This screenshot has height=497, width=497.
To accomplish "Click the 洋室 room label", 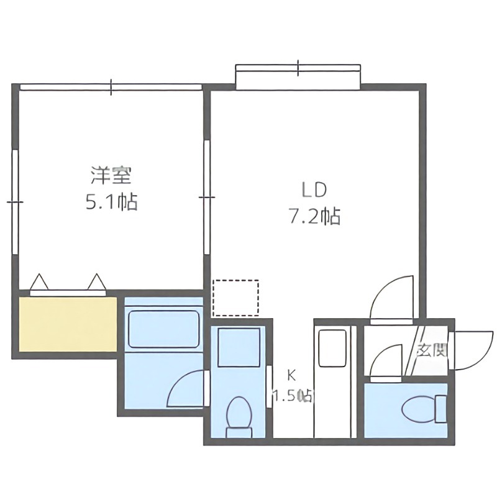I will point(111,176).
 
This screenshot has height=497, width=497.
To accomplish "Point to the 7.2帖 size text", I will point(314,216).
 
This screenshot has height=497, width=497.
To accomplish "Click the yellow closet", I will point(67,324).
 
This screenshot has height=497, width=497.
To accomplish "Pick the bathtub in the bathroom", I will point(163,329).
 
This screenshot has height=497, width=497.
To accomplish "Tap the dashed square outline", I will point(235,298).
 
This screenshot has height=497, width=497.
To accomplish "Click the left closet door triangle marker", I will point(40,283).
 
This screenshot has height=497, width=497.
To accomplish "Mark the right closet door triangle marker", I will point(97,282).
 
